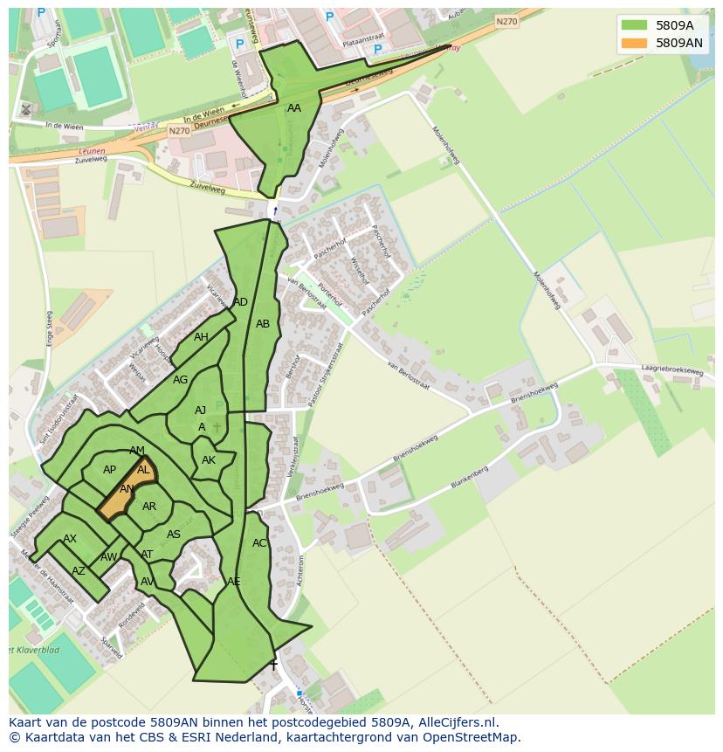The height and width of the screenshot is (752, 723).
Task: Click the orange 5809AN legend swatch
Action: (x=635, y=43)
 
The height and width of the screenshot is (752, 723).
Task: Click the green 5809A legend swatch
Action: (x=635, y=25)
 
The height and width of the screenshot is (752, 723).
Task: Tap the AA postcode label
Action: (x=294, y=108)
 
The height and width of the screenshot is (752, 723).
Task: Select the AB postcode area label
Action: (x=263, y=324)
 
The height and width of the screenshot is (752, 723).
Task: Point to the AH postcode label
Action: (x=201, y=337)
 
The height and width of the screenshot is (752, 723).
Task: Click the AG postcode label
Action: (x=180, y=380)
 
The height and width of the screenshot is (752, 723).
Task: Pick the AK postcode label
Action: (x=209, y=460)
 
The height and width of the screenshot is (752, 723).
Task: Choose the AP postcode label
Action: (x=109, y=470)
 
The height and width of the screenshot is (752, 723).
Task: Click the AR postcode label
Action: (x=149, y=507)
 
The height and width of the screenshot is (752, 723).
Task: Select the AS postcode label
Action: (x=174, y=535)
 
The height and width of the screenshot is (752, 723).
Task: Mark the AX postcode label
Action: (x=70, y=539)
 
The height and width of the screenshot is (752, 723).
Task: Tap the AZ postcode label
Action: (x=79, y=571)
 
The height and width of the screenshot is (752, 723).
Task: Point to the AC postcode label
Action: (x=259, y=543)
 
